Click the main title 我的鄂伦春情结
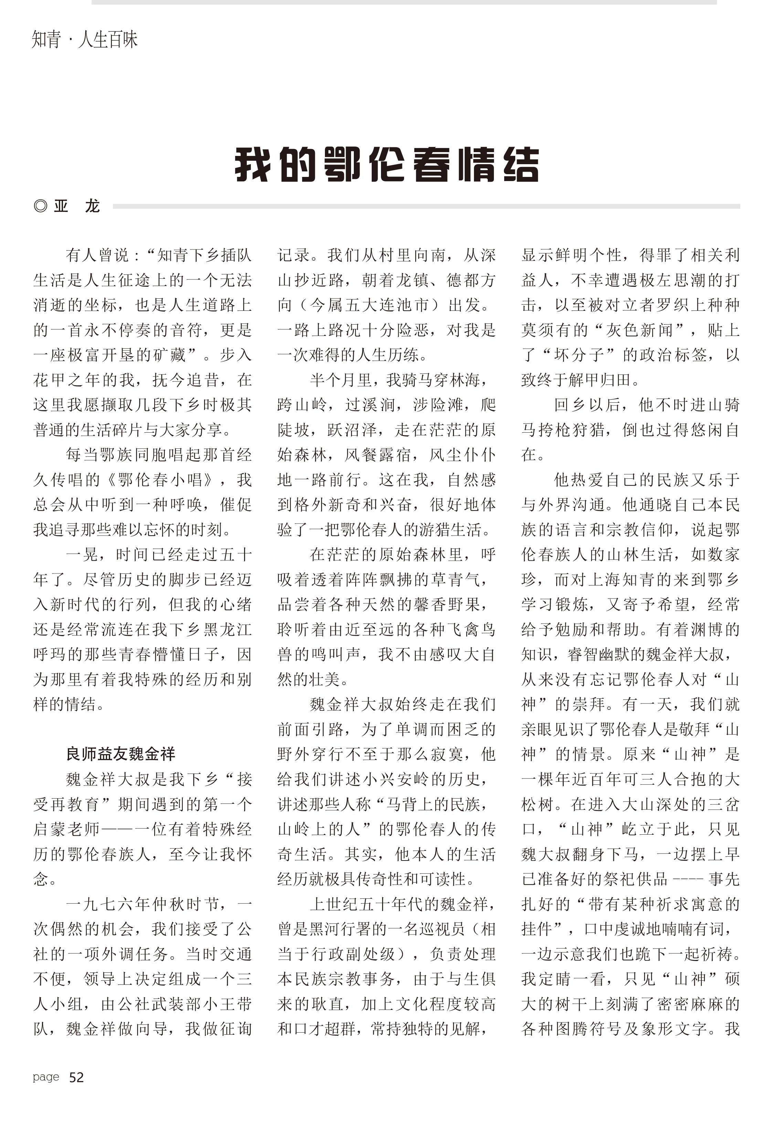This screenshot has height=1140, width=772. [x=387, y=165]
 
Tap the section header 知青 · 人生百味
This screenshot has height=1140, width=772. [x=84, y=40]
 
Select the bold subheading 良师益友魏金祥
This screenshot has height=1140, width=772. [x=121, y=753]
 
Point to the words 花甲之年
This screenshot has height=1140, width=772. [x=74, y=380]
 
